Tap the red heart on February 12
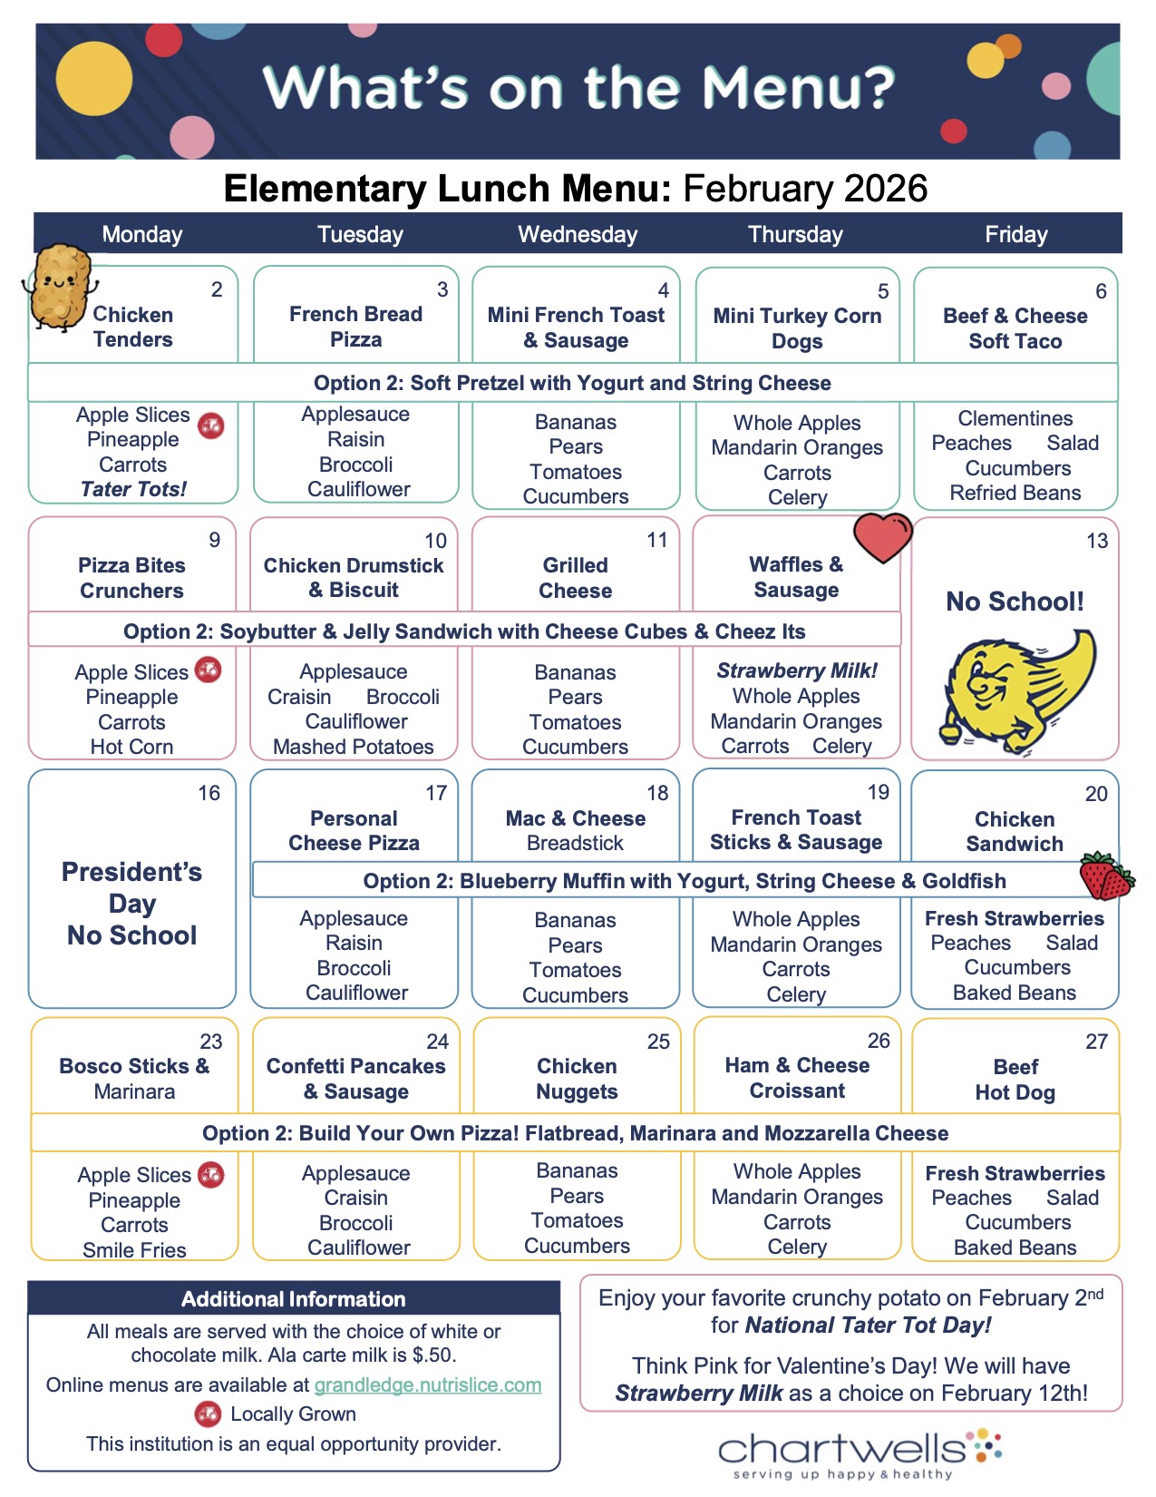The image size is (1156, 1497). point(882,537)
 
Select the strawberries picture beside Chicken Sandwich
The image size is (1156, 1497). point(1105,876)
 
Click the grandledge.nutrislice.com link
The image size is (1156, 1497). point(428,1385)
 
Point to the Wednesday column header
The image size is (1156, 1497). point(578,235)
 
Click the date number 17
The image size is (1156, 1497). point(436,793)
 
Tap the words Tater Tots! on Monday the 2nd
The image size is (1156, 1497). point(133,489)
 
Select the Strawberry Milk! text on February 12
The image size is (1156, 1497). point(797,670)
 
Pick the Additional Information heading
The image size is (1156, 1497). point(293,1299)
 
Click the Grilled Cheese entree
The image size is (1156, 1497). point(576,578)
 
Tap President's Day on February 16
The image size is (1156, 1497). point(132,887)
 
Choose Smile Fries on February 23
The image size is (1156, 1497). point(134,1249)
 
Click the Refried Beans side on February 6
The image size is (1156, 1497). point(1015,493)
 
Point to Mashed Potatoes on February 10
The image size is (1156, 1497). point(354,747)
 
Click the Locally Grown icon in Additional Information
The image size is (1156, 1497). point(208,1414)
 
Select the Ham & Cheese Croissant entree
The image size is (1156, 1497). point(797,1078)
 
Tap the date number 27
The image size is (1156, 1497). point(1096,1042)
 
